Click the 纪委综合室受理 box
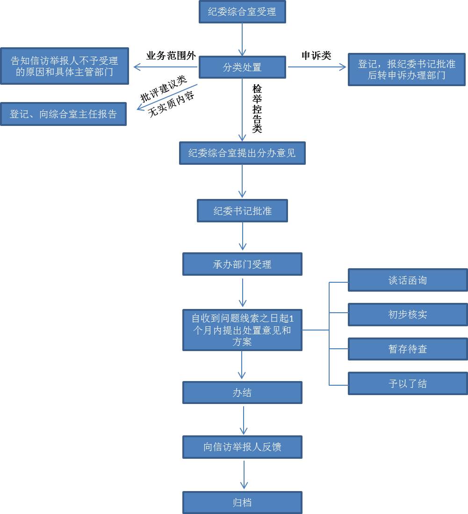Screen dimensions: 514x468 click(242, 12)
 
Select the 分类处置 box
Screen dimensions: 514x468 click(242, 67)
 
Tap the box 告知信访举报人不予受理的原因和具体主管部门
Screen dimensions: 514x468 click(64, 66)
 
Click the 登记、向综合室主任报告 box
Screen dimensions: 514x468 click(63, 114)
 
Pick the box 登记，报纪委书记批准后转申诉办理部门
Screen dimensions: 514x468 click(407, 69)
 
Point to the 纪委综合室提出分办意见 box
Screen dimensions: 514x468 click(242, 153)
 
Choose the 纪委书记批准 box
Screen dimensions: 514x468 click(242, 211)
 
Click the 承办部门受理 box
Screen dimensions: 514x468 click(242, 264)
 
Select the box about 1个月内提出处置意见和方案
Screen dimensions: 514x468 click(242, 330)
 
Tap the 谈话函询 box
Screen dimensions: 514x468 click(408, 280)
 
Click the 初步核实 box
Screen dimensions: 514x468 click(408, 315)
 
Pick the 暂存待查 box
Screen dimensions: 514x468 click(408, 349)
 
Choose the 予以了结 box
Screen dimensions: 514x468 click(408, 384)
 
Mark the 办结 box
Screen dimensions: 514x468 click(242, 393)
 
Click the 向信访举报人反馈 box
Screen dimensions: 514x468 click(242, 447)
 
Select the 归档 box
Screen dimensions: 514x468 click(242, 503)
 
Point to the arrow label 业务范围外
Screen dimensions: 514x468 click(171, 56)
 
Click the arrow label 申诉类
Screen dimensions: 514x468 click(316, 56)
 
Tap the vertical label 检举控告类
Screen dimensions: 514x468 click(257, 109)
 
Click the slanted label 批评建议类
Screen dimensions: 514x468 click(164, 88)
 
